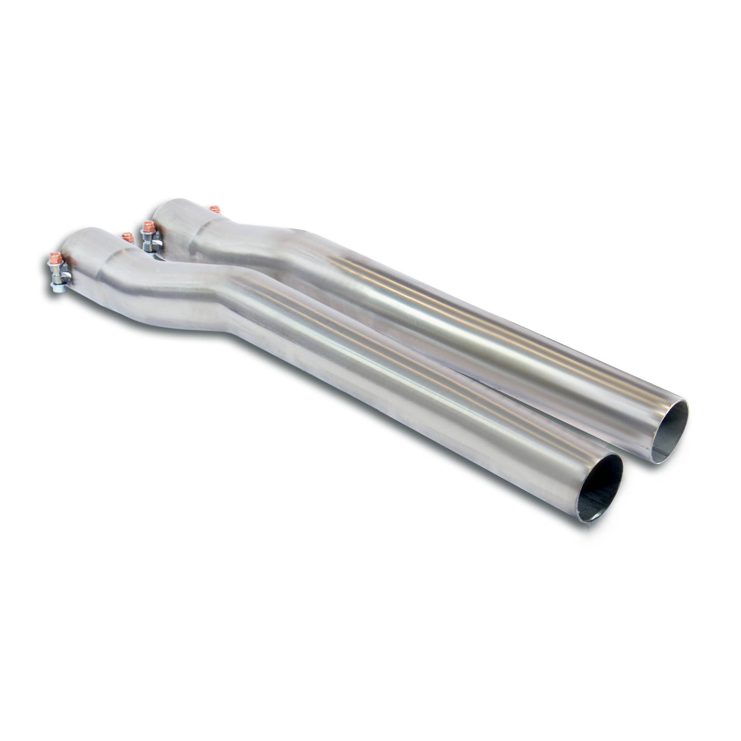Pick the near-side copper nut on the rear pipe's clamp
(147, 225)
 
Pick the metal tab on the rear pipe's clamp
(156, 244)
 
